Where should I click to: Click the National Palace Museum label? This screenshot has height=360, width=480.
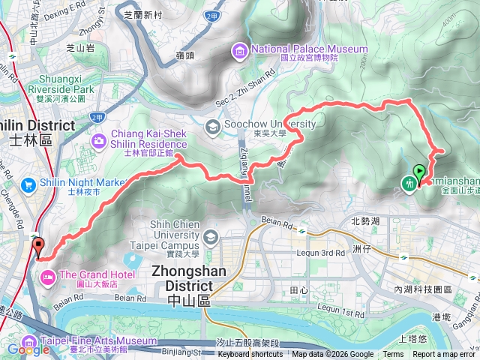point(309,49)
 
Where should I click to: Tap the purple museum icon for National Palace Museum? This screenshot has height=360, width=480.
point(239,50)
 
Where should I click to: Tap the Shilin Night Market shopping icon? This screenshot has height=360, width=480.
point(28,184)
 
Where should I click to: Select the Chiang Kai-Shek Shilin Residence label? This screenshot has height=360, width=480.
point(149,139)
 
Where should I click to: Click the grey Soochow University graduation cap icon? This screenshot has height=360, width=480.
point(212,127)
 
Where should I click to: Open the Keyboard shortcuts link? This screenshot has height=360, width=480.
point(250,355)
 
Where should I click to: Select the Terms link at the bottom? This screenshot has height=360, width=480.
point(393,355)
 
